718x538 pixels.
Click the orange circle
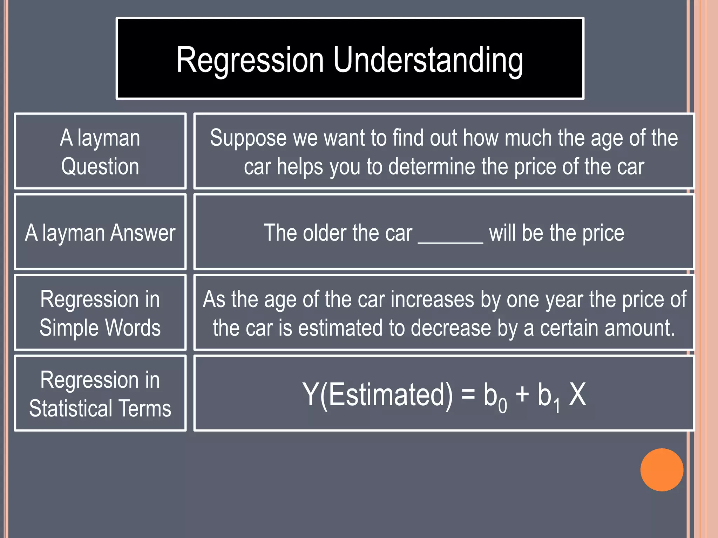(x=662, y=470)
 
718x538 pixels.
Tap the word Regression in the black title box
(x=250, y=60)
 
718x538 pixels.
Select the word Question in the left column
(x=100, y=166)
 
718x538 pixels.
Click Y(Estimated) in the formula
(x=378, y=395)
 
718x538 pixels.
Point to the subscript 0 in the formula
(x=502, y=406)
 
